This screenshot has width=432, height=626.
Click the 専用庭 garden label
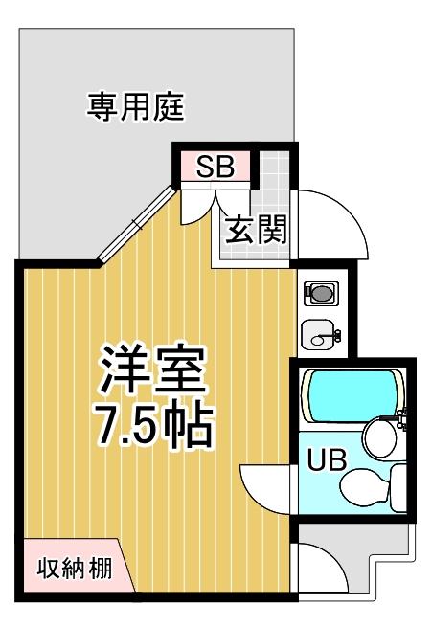tap(136, 106)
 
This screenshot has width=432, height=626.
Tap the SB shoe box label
tap(215, 167)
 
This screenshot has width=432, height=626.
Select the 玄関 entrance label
tap(256, 230)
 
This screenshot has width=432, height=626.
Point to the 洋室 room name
tap(153, 369)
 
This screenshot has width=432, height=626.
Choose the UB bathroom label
tap(327, 459)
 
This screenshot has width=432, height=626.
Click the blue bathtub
tap(352, 395)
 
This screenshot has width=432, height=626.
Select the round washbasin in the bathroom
tap(379, 437)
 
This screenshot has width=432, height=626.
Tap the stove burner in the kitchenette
tap(321, 294)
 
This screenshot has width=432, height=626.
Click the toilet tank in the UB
tap(398, 487)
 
